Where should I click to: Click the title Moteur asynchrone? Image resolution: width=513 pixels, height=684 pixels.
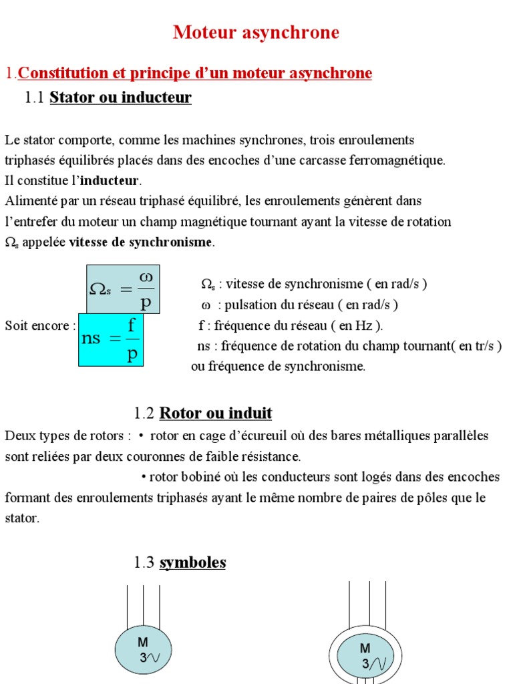[256, 32]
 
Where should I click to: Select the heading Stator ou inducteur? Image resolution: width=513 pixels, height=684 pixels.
[120, 98]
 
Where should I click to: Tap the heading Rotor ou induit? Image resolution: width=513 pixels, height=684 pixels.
[215, 413]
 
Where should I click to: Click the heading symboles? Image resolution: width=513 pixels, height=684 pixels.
[192, 562]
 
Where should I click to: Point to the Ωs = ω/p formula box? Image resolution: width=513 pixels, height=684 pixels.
[123, 289]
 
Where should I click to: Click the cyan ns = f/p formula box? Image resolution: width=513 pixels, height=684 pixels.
[111, 339]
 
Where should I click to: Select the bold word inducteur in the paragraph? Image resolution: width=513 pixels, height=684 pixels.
[110, 180]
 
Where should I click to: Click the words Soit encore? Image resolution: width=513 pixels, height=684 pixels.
[37, 326]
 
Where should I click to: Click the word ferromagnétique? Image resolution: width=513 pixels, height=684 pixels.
[399, 160]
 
